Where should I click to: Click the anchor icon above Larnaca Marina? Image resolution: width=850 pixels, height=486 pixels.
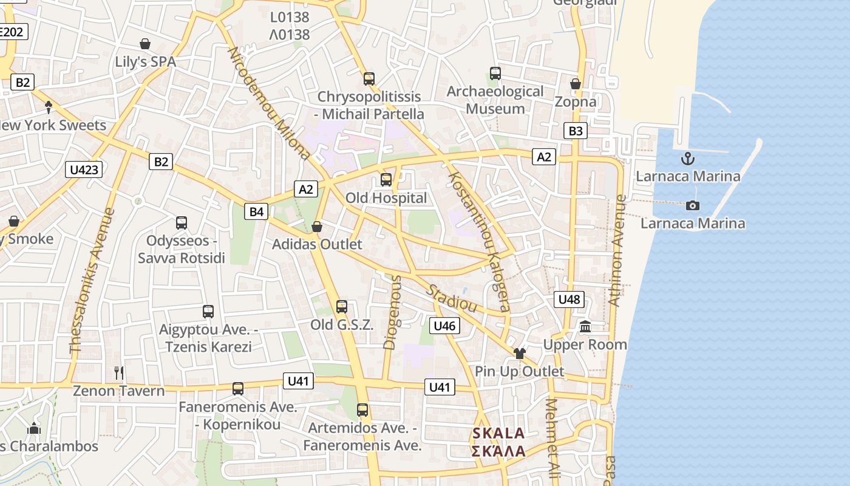[687, 159]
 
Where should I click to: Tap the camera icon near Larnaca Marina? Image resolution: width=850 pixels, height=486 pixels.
[693, 206]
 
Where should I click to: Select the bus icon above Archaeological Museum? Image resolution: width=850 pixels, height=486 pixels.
[495, 74]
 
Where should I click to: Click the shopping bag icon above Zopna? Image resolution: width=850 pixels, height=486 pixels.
[576, 83]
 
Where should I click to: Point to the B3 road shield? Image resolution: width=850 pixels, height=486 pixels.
[576, 131]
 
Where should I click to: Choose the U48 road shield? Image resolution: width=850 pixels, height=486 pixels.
[569, 299]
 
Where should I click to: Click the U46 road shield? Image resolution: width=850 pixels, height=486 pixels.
[444, 326]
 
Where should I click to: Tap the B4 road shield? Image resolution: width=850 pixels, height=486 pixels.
[256, 211]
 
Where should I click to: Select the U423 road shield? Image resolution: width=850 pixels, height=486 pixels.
[84, 169]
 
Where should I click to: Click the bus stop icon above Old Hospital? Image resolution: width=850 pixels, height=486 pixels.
[386, 180]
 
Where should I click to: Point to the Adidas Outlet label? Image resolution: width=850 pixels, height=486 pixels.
[317, 244]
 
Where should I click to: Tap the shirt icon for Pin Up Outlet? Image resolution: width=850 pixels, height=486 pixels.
[519, 354]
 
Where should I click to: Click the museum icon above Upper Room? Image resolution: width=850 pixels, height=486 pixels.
[585, 327]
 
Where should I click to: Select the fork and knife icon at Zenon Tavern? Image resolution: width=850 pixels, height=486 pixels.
[119, 372]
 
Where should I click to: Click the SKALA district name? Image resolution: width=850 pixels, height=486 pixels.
[498, 434]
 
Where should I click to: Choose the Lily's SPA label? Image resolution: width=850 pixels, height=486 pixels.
[145, 62]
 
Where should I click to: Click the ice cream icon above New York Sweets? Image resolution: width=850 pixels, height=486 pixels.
[49, 107]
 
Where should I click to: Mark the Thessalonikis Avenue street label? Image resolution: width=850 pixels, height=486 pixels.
[92, 281]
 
